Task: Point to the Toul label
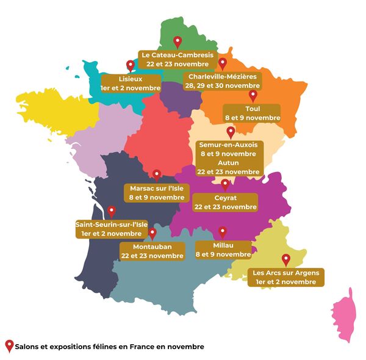pyautogui.click(x=253, y=113)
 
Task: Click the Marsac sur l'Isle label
pyautogui.click(x=157, y=192)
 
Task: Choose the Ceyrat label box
pyautogui.click(x=225, y=203)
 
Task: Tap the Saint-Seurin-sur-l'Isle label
pyautogui.click(x=112, y=228)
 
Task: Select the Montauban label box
pyautogui.click(x=152, y=251)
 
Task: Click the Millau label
pyautogui.click(x=223, y=250)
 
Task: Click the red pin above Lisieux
pyautogui.click(x=129, y=66)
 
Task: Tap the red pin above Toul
pyautogui.click(x=253, y=96)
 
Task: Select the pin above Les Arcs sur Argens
pyautogui.click(x=285, y=259)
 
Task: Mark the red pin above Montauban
pyautogui.click(x=152, y=234)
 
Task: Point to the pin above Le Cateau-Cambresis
pyautogui.click(x=178, y=41)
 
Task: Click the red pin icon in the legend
pyautogui.click(x=9, y=346)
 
